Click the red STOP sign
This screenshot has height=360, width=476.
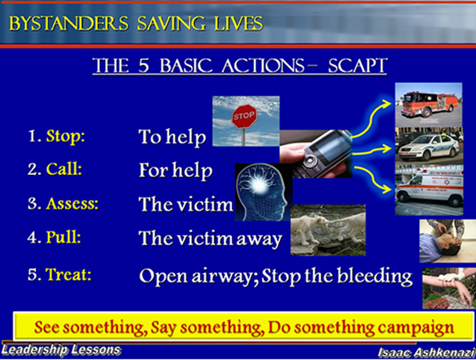click(244, 116)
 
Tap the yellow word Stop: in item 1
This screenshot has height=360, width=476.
click(65, 136)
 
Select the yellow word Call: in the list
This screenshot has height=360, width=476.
click(64, 169)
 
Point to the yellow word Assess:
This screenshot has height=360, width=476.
click(72, 204)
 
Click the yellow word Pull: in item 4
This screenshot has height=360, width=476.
click(64, 237)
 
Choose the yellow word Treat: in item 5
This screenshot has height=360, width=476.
click(69, 274)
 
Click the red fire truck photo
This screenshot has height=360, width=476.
click(429, 104)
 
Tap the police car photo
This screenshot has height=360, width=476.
click(429, 146)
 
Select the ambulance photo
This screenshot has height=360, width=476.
click(429, 190)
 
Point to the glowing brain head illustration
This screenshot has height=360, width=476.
click(263, 192)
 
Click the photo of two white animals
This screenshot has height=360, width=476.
click(328, 230)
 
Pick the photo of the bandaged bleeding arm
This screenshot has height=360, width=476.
click(449, 289)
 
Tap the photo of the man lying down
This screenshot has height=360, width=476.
click(447, 241)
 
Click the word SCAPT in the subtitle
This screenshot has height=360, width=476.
click(358, 65)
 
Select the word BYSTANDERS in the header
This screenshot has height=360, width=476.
click(69, 23)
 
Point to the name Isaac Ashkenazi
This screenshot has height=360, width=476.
click(426, 352)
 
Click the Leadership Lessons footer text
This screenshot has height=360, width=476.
click(61, 350)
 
